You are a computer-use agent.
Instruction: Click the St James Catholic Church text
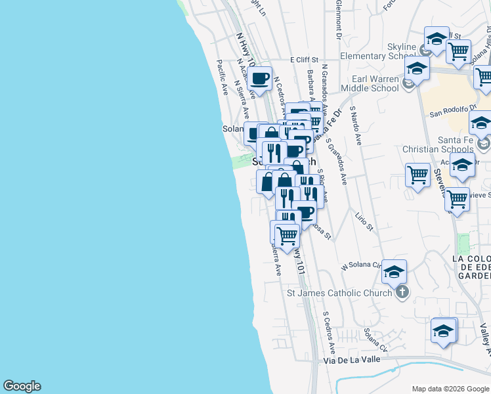coord(339,293)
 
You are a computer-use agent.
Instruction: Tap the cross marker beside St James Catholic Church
coord(402,293)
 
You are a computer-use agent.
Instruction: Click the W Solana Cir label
coord(360,267)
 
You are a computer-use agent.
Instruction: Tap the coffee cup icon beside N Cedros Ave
coord(259,79)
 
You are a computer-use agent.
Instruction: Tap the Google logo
coord(22,386)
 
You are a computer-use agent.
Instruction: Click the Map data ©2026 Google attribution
coord(450,388)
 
